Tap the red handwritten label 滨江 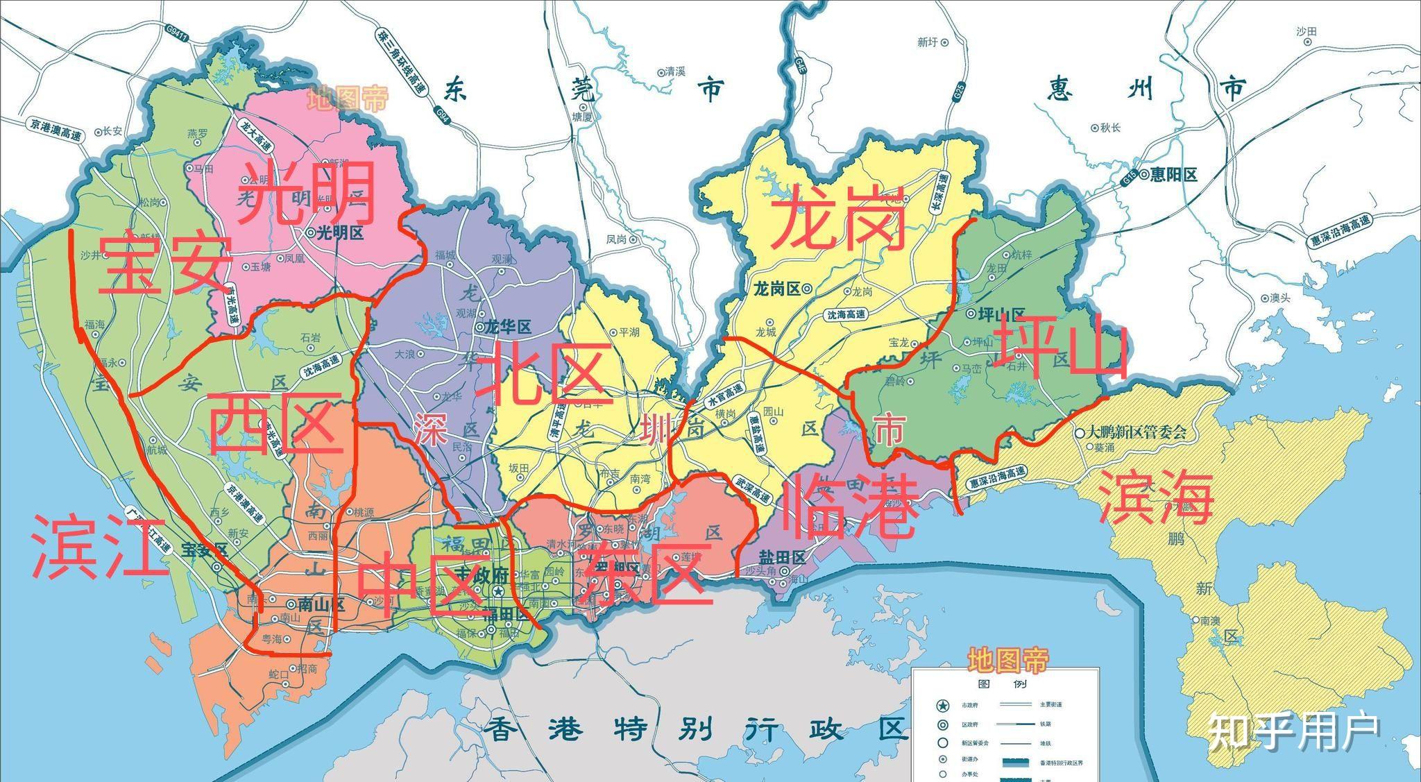coord(99,547)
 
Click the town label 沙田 coord(1307,32)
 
